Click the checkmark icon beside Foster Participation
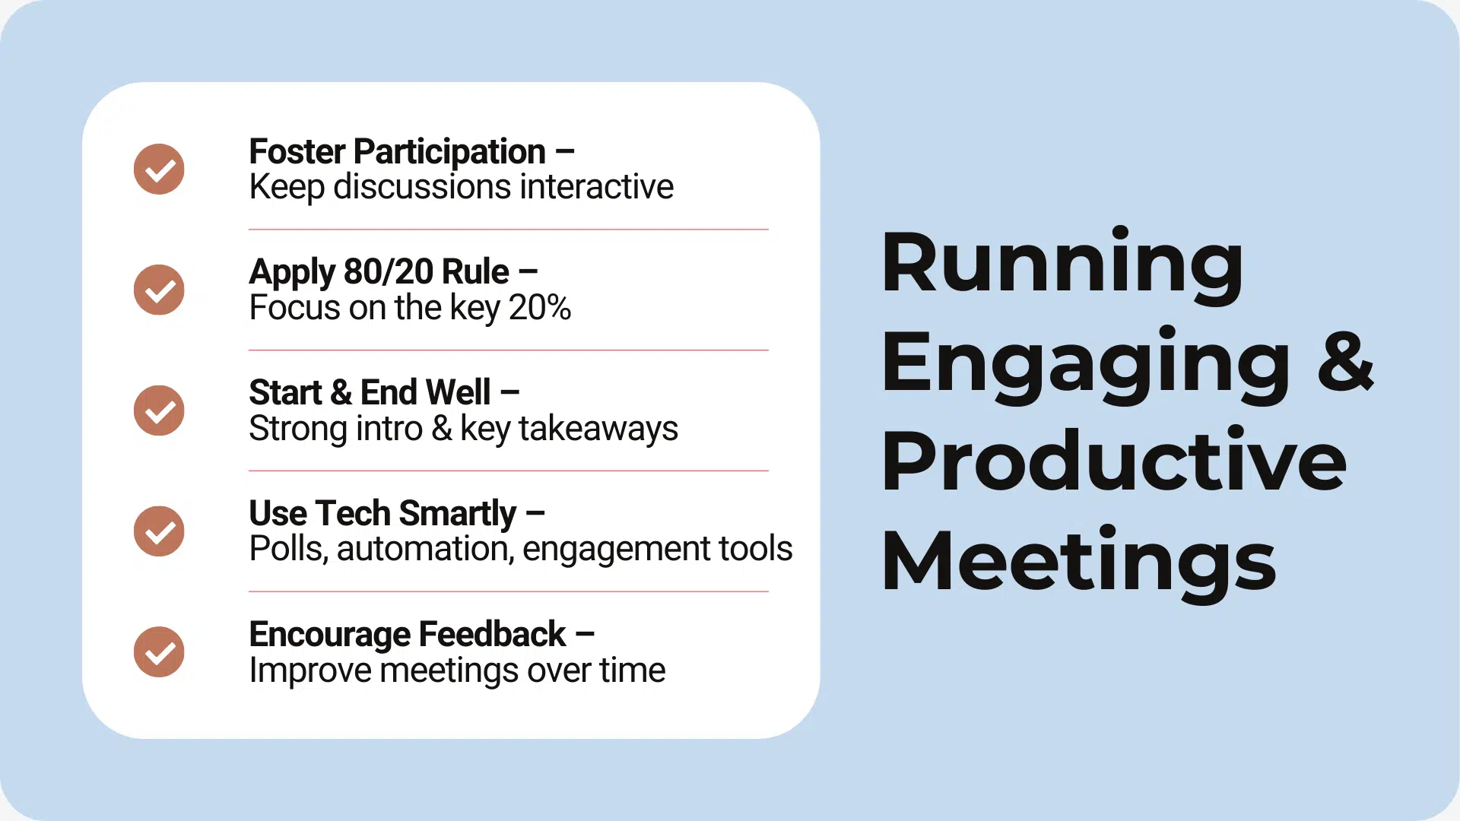(159, 169)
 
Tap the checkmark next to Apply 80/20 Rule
(159, 290)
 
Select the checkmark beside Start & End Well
(159, 410)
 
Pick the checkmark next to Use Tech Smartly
(159, 531)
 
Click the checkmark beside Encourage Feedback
(159, 651)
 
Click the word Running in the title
(1062, 264)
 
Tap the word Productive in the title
(1113, 461)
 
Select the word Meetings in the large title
(1078, 561)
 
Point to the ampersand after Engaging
(1345, 363)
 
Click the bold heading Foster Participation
(397, 152)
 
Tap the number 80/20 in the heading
(388, 272)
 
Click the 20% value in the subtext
(539, 308)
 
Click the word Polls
(288, 549)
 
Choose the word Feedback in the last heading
(491, 634)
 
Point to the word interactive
(597, 187)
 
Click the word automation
(425, 549)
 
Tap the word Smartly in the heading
(457, 514)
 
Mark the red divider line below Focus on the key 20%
(508, 350)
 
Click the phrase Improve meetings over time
(457, 670)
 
